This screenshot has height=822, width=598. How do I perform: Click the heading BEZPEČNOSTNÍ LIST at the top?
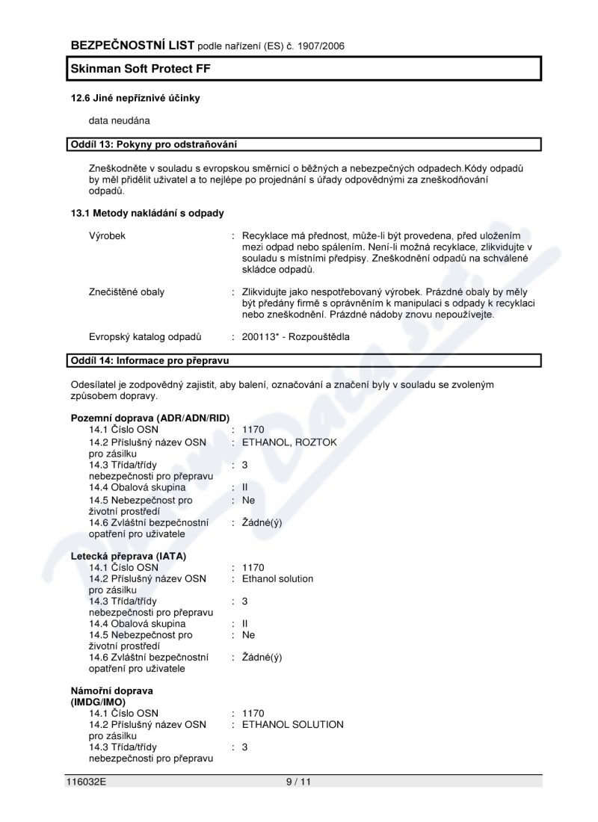coord(132,46)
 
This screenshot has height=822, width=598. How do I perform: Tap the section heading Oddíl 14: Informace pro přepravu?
coord(149,361)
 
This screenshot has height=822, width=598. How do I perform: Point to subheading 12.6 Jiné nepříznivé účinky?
coord(135,98)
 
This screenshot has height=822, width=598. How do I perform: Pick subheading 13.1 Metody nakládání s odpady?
coord(147,213)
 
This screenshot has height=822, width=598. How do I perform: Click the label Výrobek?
coord(107,235)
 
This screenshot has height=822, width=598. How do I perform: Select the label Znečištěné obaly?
coord(126,291)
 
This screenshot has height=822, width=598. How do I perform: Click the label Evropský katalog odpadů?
coord(145,337)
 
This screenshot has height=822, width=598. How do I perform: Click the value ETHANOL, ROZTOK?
coord(289,442)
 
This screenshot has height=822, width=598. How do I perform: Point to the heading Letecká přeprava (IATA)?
coord(129,556)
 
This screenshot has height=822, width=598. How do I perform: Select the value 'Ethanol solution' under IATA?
coord(278,578)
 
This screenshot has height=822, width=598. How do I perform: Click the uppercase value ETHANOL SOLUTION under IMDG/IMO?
coord(293,724)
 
